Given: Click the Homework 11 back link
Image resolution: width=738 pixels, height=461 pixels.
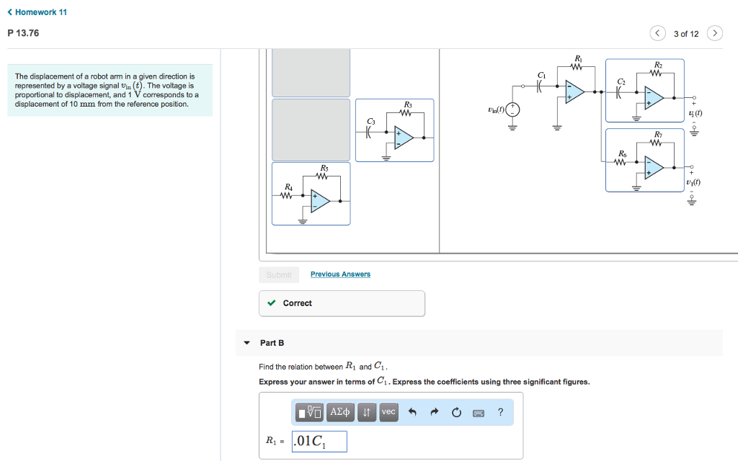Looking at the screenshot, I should (x=37, y=12).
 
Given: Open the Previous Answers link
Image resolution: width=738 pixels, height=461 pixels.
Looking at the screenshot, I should (x=340, y=274).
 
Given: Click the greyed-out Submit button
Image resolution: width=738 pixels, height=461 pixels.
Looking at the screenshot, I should (x=279, y=274).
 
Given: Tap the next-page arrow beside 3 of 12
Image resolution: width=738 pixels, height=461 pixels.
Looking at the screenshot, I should (x=714, y=34).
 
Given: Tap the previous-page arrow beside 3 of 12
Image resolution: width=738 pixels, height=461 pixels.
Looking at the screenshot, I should (x=658, y=34).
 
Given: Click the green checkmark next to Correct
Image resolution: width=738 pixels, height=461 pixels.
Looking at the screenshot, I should (x=271, y=303).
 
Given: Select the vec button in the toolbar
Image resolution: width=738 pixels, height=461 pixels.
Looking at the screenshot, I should (x=388, y=412).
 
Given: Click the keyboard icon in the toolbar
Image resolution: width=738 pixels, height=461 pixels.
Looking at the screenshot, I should (x=479, y=413).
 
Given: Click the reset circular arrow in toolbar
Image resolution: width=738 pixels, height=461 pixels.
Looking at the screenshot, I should (x=455, y=413).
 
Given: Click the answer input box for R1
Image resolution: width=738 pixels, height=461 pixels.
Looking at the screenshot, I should (x=319, y=442).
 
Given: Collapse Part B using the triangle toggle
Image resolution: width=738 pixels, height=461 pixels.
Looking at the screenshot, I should (x=246, y=343).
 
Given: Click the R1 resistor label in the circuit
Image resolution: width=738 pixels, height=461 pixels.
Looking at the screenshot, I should (x=578, y=58).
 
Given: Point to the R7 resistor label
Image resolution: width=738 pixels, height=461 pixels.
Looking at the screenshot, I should (x=658, y=135).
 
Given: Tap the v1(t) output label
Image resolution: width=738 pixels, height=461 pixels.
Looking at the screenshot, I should (x=693, y=183).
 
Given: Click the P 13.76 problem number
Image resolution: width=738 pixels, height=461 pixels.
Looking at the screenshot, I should (x=23, y=33).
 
